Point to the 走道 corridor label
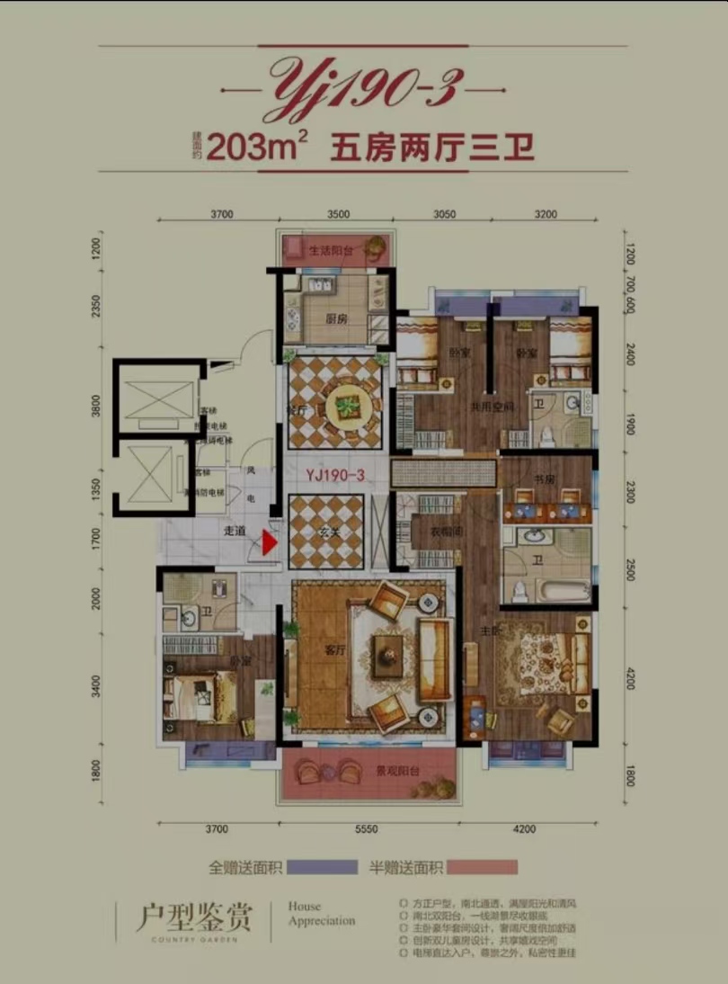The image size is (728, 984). [x=235, y=531]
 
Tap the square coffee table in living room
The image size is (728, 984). [x=389, y=649]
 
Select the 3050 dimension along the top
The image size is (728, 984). [x=444, y=214]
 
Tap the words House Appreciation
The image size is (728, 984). [x=321, y=914]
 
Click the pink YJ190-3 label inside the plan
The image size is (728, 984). [x=334, y=478]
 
